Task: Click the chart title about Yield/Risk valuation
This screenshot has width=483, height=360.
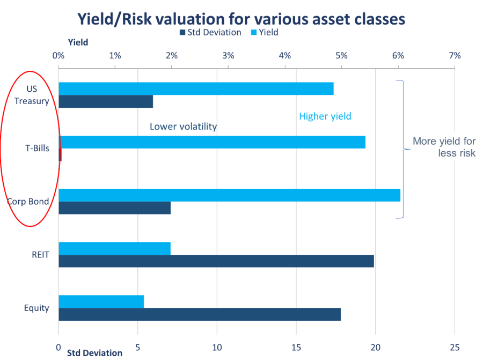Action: [241, 19]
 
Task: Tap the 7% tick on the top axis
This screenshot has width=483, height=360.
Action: [455, 55]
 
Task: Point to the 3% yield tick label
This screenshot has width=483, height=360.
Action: [228, 55]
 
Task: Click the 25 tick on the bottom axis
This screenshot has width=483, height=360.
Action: [455, 346]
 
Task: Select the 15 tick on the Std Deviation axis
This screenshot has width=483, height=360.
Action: [296, 346]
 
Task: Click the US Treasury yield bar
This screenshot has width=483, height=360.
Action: [196, 89]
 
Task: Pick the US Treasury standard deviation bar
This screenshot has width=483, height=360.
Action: [106, 101]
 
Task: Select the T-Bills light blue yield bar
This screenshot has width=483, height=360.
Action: [212, 142]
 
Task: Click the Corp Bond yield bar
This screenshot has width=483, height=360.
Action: [229, 195]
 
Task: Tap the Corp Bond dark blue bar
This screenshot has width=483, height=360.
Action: [114, 208]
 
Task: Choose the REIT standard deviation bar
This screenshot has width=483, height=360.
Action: [216, 261]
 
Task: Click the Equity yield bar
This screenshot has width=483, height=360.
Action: [101, 302]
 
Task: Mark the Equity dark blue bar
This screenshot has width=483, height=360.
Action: [199, 314]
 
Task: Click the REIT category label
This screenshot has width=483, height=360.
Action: [40, 255]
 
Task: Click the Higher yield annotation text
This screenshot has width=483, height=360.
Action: [325, 116]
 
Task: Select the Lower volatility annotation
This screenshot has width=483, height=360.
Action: [183, 127]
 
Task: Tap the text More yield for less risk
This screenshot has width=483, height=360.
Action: [444, 147]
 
